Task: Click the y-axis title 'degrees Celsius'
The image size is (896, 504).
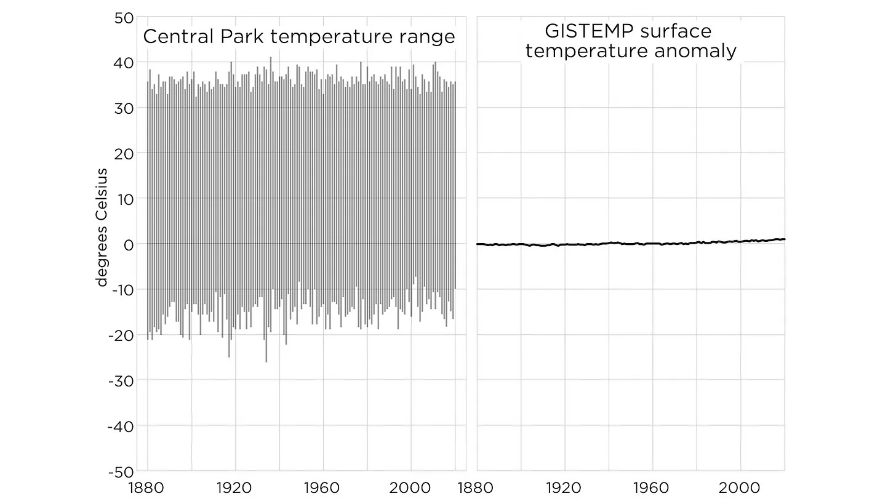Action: tap(102, 227)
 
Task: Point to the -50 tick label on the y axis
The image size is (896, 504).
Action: tap(122, 471)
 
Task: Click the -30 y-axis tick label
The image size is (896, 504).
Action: tap(122, 380)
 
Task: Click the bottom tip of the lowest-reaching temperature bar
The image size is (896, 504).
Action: tap(266, 362)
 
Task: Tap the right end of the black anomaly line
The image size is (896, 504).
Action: tap(785, 239)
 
